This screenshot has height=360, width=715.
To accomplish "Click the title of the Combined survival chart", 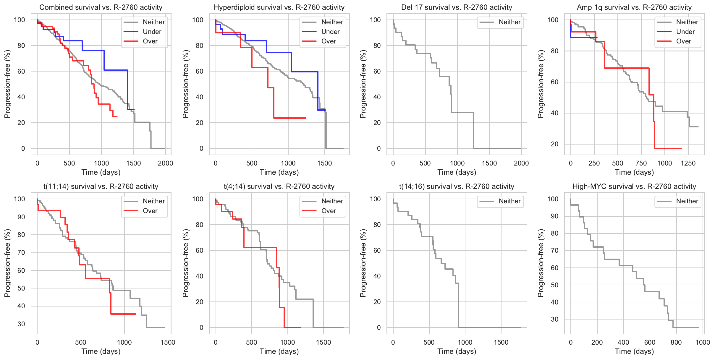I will point(101,7).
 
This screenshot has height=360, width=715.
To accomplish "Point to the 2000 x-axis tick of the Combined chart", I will point(165,163).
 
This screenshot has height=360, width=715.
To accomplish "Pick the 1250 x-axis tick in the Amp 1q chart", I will point(688,163).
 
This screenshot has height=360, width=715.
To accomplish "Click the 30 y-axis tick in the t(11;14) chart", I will point(21,324).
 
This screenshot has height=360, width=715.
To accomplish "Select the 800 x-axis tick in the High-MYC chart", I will point(676,342).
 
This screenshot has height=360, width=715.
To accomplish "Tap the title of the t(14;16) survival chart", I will point(457,187).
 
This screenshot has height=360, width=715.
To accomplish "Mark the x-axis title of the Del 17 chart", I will point(457,172).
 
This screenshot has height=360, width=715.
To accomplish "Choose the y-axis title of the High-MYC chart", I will point(541,263).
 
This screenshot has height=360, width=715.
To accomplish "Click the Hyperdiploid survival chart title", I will point(279,7).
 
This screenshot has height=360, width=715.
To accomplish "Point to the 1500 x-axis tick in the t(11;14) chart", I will point(168,342).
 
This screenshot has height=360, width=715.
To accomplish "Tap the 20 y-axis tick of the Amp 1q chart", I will point(554,144).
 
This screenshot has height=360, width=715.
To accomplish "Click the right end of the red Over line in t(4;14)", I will point(300,327).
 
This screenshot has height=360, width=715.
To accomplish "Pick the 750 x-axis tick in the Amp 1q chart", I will point(641,163).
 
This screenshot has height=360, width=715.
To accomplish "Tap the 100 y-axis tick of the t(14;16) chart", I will point(375,199).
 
